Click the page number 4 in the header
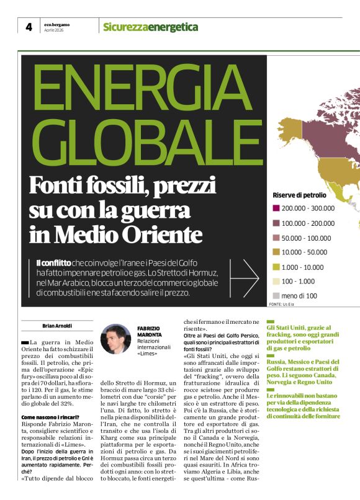tap(29, 26)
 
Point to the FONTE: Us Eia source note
tap(284, 305)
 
